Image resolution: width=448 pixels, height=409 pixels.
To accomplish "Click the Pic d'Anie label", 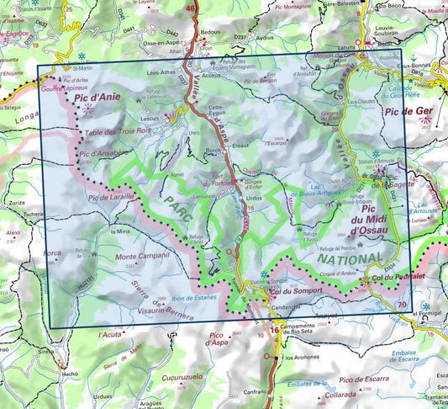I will [x=98, y=98].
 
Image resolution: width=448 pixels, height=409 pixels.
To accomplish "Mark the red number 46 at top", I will [x=191, y=9].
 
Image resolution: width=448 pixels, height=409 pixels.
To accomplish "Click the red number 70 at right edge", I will [x=403, y=304].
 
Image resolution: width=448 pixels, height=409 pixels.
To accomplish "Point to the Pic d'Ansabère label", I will [x=103, y=153].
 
